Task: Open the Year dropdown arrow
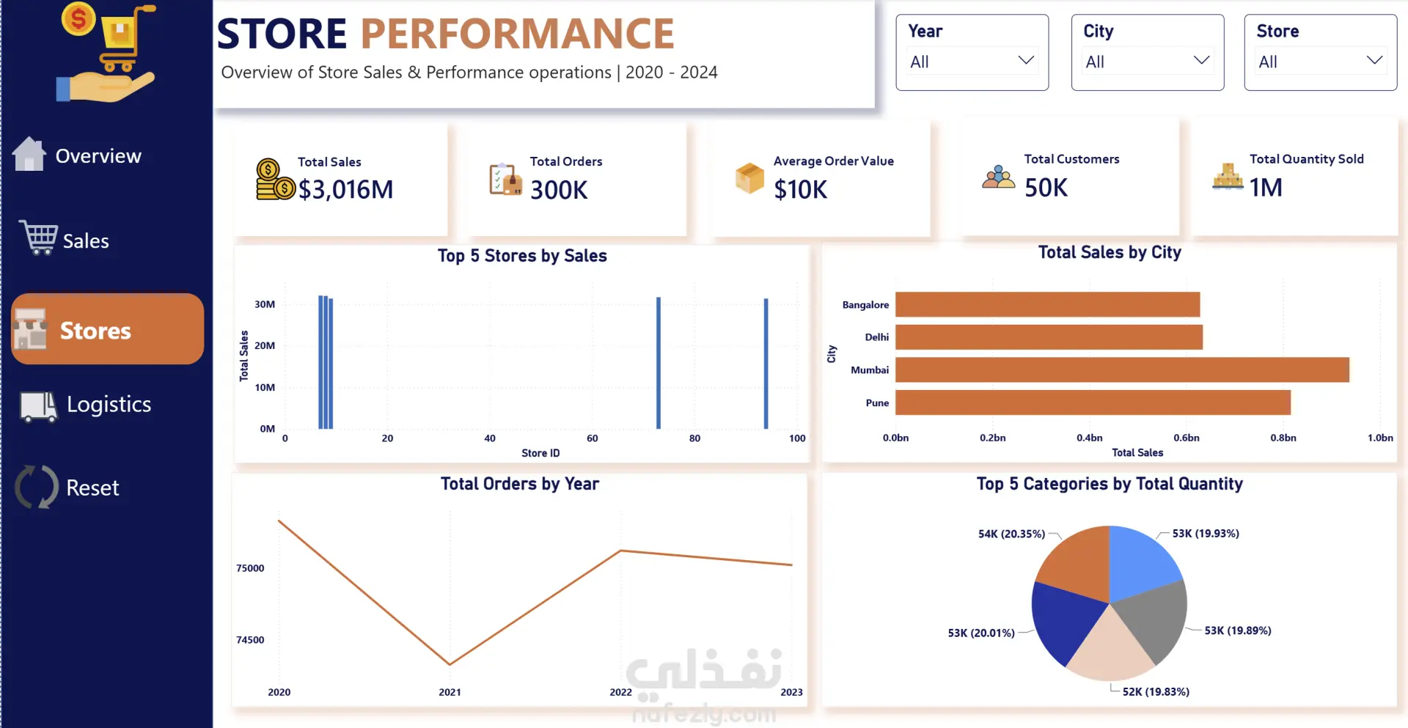click(x=1026, y=60)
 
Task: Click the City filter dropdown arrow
click(x=1201, y=60)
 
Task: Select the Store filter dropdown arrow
click(x=1374, y=60)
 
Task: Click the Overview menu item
click(x=98, y=156)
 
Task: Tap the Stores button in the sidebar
click(x=107, y=329)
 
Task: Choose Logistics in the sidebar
click(x=109, y=405)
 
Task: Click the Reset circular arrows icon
click(x=37, y=487)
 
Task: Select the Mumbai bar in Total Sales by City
click(x=1122, y=369)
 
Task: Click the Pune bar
click(x=1093, y=402)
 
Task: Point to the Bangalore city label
click(x=865, y=305)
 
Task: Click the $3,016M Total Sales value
click(x=345, y=190)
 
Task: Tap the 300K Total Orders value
click(x=559, y=191)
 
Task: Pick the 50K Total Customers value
click(x=1046, y=188)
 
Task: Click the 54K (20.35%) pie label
click(x=1011, y=534)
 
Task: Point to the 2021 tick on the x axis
click(x=450, y=692)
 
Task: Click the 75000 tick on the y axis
click(x=250, y=568)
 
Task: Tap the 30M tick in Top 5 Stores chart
click(x=265, y=304)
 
